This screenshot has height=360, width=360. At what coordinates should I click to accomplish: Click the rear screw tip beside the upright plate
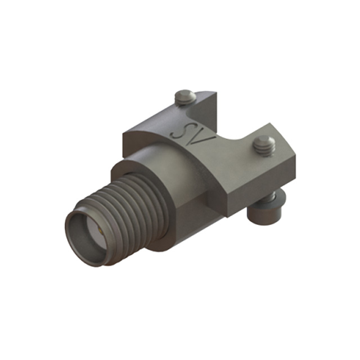(185, 97)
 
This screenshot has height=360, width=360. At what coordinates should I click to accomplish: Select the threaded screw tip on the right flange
(263, 146)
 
